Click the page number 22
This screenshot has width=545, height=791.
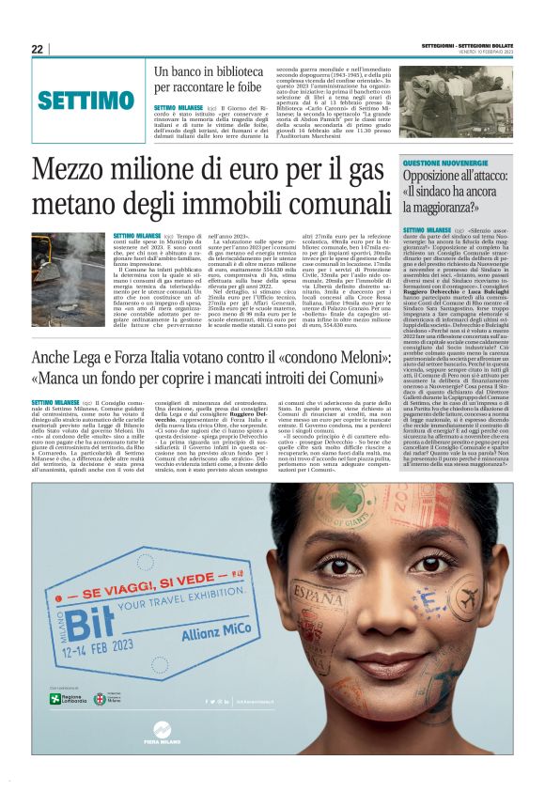[37, 49]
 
